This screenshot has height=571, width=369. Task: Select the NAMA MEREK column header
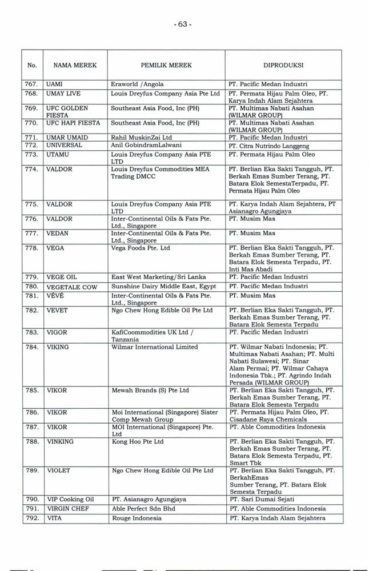[x=71, y=66]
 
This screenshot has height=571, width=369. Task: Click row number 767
[x=32, y=85]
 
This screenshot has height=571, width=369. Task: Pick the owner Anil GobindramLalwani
[x=145, y=146]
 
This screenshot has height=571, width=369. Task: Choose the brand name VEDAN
[x=58, y=233]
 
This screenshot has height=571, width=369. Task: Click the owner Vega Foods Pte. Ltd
[x=141, y=248]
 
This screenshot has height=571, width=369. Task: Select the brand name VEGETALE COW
[x=71, y=287]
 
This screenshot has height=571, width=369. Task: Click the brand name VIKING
[x=58, y=347]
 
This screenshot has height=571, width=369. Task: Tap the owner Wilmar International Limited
[x=154, y=347]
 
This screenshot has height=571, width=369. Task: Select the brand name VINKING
[x=60, y=441]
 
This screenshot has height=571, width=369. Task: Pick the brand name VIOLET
[x=58, y=471]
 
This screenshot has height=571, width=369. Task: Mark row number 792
[x=32, y=518]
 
